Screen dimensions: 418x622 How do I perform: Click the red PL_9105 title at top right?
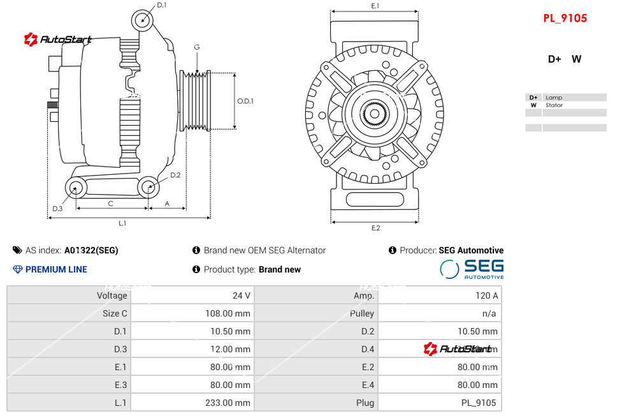[x=565, y=19]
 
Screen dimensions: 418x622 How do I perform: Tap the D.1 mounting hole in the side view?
[x=143, y=20]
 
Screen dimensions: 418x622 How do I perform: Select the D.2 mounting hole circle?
[x=148, y=187]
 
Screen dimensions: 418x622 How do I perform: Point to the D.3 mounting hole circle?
[x=76, y=188]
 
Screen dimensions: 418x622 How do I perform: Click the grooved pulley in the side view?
[x=196, y=101]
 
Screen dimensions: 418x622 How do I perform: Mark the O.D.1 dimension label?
[x=245, y=101]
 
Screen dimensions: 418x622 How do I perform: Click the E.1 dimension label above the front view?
[x=375, y=6]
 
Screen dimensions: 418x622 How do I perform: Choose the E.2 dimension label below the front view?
[x=375, y=228]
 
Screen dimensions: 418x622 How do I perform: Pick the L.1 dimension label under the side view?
[x=122, y=223]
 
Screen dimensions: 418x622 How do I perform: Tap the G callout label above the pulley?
[x=197, y=47]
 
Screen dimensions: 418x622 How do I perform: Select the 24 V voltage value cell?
[x=242, y=295]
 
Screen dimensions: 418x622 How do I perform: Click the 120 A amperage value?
[x=487, y=295]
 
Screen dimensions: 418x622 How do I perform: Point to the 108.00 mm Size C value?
[x=230, y=313]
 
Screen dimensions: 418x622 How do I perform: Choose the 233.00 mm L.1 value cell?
[x=230, y=403]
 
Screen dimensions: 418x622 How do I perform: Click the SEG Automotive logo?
[x=472, y=269]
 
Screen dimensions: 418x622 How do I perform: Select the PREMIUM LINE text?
[x=56, y=269]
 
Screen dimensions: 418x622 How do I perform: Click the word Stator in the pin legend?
[x=554, y=105]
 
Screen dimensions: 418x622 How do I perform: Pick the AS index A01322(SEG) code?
[x=91, y=250]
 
